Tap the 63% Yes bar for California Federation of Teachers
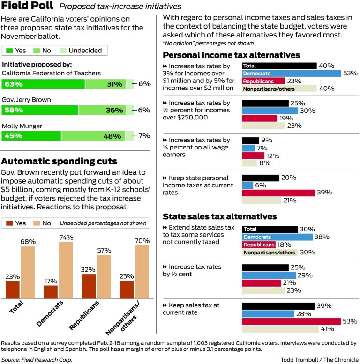pos(43,84)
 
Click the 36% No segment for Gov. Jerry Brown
pos(102,110)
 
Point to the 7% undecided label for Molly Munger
pos(144,136)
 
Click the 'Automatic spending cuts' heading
pos(59,162)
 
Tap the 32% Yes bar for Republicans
pos(89,287)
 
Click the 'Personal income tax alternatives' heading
pos(231,55)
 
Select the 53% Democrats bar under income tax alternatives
pos(291,74)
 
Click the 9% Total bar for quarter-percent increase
pos(250,141)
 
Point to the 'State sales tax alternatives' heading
pos(219,216)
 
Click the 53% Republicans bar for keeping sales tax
pos(291,321)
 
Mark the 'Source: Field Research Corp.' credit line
pos(37,359)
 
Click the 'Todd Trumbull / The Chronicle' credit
pos(320,359)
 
